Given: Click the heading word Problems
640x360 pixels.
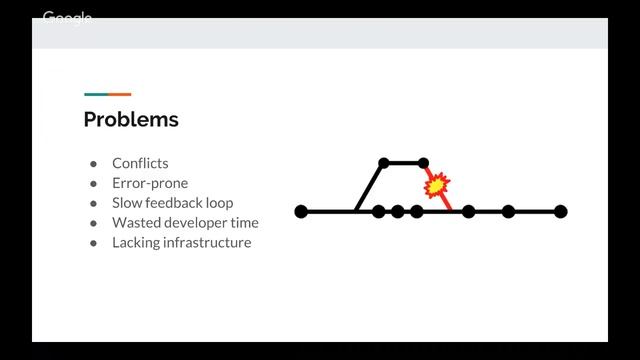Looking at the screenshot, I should pos(131,120).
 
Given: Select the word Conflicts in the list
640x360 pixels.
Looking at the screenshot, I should pos(140,163).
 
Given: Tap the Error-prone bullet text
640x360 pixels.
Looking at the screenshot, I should pos(150,183).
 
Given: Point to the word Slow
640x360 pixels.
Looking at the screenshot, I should pos(127,203).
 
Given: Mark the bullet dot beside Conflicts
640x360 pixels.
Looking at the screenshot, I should pos(93,164).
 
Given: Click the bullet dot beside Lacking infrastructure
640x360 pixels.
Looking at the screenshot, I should pos(93,243).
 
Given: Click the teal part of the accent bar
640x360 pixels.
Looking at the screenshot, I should pos(95,94).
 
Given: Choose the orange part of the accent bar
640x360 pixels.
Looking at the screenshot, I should pos(120,94).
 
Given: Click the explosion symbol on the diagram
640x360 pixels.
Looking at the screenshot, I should pos(437,185).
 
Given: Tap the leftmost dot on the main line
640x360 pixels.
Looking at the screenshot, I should pos(301,211).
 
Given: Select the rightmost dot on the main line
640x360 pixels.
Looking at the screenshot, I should pos(561,211).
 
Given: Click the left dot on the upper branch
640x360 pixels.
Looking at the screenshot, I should pos(384,162).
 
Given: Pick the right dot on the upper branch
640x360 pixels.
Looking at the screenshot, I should pos(423,162).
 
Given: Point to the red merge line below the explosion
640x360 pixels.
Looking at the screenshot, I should pos(446,203).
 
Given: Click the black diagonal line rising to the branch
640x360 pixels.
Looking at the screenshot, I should pos(368,188).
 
